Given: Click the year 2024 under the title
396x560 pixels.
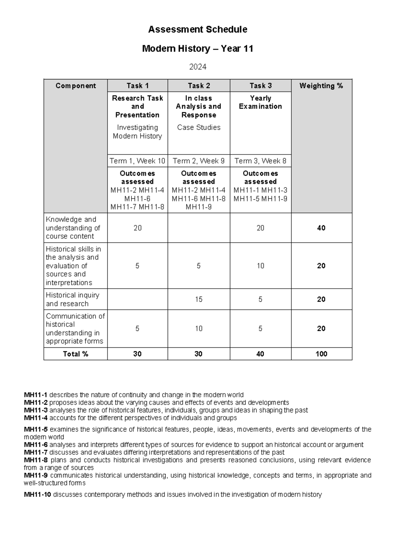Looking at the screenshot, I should [x=198, y=67].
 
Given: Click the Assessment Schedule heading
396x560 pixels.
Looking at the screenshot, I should [x=198, y=30].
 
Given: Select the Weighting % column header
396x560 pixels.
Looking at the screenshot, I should [x=321, y=86].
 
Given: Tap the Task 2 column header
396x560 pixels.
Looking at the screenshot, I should [x=199, y=86].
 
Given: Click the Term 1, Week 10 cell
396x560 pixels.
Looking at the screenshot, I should [x=137, y=161].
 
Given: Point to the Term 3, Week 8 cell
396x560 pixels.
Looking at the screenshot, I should [x=260, y=161].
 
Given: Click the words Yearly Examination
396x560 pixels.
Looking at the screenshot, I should [x=260, y=102].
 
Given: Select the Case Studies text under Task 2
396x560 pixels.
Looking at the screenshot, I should [x=199, y=127].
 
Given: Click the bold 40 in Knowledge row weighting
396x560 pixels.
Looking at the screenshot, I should [x=321, y=228].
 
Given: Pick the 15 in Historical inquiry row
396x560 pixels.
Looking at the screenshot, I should [x=199, y=299].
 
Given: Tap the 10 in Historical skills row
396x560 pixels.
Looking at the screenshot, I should [x=260, y=266].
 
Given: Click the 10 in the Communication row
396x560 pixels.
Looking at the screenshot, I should [x=199, y=329].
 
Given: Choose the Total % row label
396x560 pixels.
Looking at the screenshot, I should [x=76, y=354].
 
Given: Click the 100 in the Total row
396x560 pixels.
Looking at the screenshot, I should [x=321, y=354].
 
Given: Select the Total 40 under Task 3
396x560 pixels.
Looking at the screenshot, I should [x=260, y=354].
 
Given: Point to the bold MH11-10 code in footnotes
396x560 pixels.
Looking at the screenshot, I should [x=37, y=495].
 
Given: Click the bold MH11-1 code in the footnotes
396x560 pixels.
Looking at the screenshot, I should [x=36, y=395].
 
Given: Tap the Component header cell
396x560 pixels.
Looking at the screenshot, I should [x=76, y=86].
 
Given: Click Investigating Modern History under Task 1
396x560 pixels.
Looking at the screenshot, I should [x=137, y=132].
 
